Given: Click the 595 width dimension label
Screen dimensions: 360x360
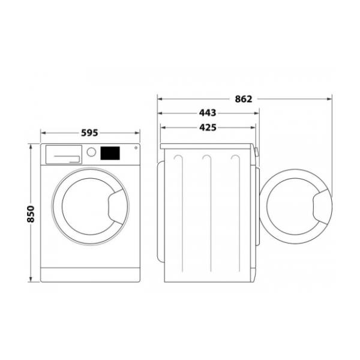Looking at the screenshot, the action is [89, 133].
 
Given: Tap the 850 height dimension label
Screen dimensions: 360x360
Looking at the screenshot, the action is [31, 214].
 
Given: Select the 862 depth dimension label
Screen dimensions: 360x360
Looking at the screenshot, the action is [244, 99].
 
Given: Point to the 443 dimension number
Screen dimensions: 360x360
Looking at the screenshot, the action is [208, 113].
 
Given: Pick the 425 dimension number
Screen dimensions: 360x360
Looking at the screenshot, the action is [208, 127].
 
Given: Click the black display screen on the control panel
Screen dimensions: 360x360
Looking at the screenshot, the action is [110, 153].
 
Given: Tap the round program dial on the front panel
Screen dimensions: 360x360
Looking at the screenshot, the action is [91, 152].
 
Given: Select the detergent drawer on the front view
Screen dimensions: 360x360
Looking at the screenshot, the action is [64, 155].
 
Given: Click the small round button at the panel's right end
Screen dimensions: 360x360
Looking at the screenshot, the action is [136, 148].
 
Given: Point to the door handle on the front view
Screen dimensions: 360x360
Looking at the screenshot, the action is [116, 207].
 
